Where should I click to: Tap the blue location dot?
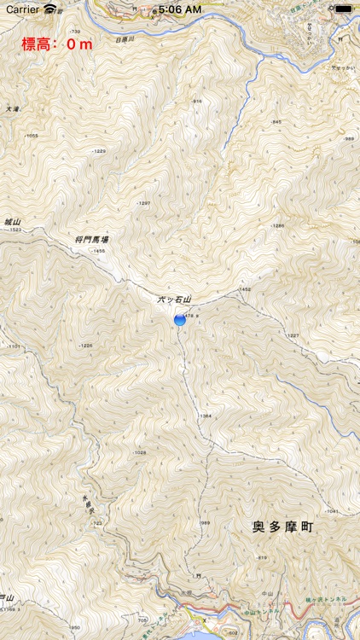pos(180,319)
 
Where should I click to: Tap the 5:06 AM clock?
pos(180,9)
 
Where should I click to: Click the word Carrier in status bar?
pos(21,9)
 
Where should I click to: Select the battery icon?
pos(343,9)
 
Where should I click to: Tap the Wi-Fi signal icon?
pos(52,9)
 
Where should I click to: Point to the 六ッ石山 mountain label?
pos(175,300)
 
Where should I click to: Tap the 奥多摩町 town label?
pos(283,527)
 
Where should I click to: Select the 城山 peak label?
pos(11,221)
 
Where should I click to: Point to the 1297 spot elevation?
pos(142,203)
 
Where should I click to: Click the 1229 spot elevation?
pos(99,151)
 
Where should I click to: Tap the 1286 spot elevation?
pos(276,225)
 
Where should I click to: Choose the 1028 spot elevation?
pos(140,452)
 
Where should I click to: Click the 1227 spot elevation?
pos(293,335)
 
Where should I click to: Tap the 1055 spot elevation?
pos(32,136)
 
